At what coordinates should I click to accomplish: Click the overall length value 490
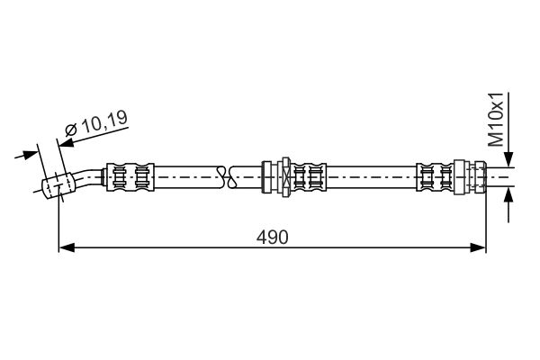pyautogui.click(x=272, y=237)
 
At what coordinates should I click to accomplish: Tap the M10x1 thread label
pyautogui.click(x=497, y=120)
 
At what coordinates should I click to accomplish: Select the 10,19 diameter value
pyautogui.click(x=105, y=121)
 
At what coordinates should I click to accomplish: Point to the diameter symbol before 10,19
pyautogui.click(x=72, y=130)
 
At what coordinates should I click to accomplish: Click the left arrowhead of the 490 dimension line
pyautogui.click(x=67, y=247)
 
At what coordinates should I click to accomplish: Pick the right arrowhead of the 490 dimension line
pyautogui.click(x=478, y=247)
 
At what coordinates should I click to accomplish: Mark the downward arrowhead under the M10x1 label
pyautogui.click(x=508, y=159)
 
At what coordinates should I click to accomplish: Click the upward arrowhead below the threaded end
pyautogui.click(x=508, y=195)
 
